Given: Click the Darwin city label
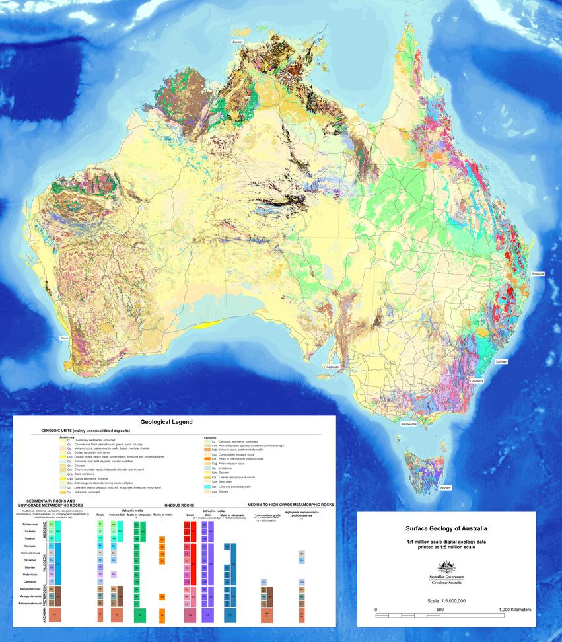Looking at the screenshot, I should click(x=238, y=42).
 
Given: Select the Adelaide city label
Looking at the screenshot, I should click(x=332, y=366).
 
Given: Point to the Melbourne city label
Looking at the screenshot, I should click(x=409, y=424).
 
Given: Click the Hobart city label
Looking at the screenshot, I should click(x=446, y=488).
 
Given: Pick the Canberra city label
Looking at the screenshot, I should click(x=477, y=381).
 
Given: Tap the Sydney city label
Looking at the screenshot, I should click(x=501, y=361).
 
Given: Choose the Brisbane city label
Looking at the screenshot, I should click(x=538, y=273).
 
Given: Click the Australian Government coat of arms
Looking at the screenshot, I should click(x=446, y=567).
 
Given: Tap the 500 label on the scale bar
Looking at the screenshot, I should click(x=440, y=609).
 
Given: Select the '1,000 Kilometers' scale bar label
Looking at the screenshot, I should click(x=515, y=609).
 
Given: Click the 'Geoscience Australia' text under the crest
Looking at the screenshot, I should click(x=446, y=583).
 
